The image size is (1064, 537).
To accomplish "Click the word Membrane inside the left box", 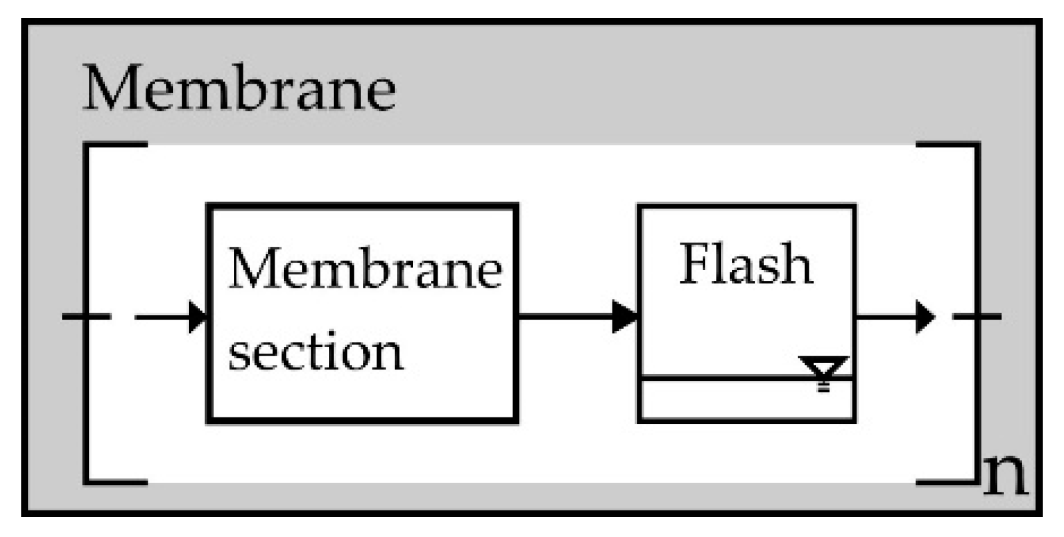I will [x=364, y=269].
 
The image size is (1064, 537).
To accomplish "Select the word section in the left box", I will [x=315, y=352].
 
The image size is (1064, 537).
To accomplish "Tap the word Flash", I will [x=745, y=264].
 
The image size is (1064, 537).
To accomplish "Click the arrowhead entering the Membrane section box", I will [x=198, y=316].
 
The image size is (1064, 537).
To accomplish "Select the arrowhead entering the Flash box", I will [x=624, y=316].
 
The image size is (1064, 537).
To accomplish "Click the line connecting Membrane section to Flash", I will [x=565, y=316].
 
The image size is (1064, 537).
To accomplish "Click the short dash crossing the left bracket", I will [x=86, y=316].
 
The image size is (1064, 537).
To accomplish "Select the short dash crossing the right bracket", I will [x=977, y=316].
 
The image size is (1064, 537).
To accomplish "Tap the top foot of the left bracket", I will [x=116, y=144].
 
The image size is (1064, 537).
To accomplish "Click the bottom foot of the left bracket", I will [x=116, y=481].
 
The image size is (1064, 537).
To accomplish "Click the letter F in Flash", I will [x=693, y=264].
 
